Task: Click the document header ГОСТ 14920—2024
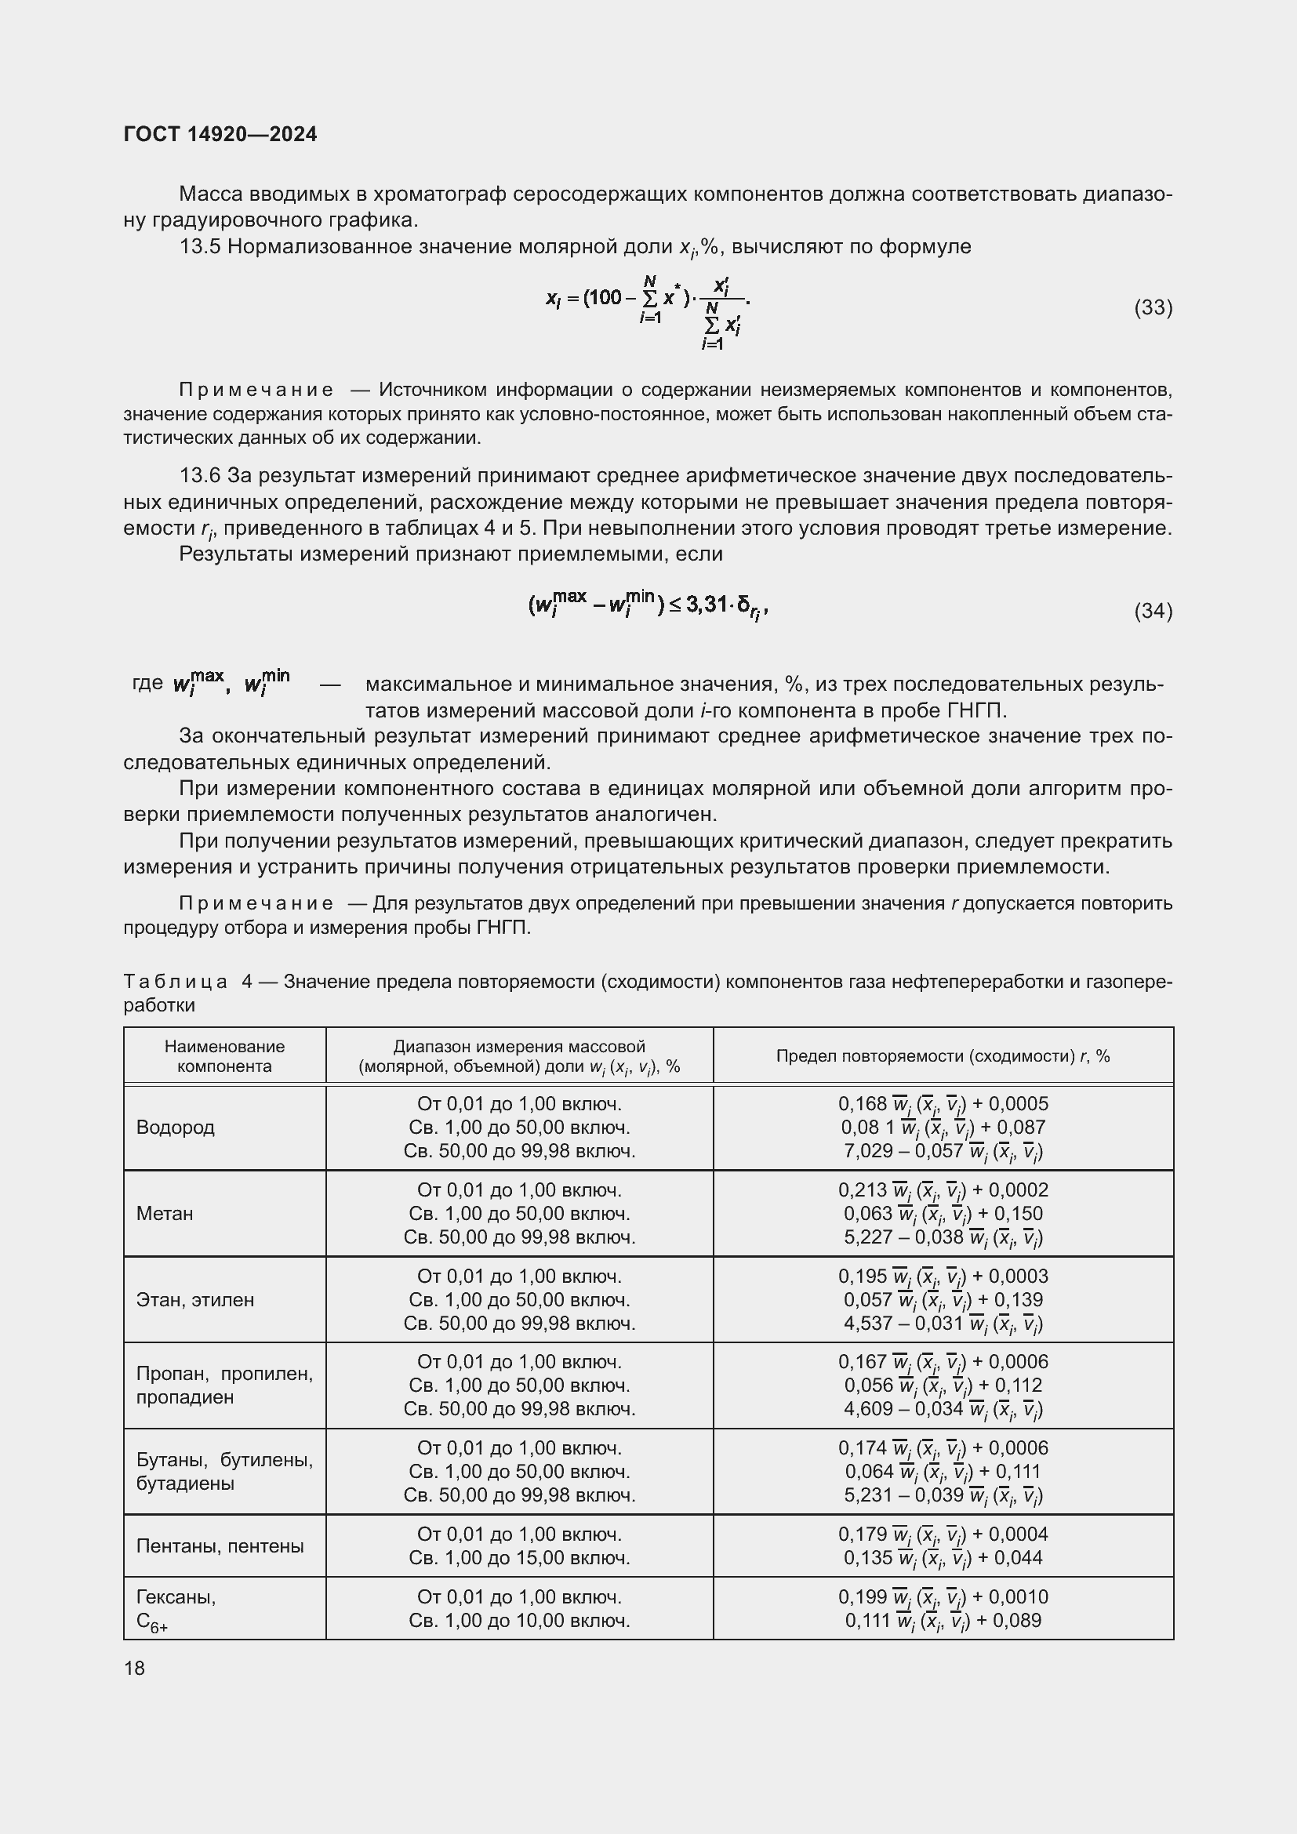point(220,134)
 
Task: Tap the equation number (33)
point(1153,307)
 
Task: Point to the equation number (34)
point(1153,611)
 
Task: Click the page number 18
point(134,1668)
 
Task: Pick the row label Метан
point(165,1213)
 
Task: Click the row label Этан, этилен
point(195,1299)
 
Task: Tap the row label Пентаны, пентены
point(220,1545)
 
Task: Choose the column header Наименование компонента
point(224,1056)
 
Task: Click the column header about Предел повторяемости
point(943,1056)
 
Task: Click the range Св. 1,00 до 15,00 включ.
point(519,1558)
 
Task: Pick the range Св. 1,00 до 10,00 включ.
point(519,1621)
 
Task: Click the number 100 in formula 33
point(605,297)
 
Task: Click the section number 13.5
point(200,247)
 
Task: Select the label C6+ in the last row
point(151,1622)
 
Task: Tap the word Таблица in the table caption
point(175,981)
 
